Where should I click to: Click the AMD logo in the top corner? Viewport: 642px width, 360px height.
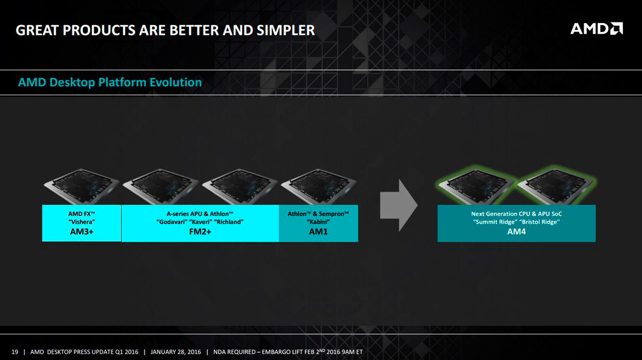point(597,28)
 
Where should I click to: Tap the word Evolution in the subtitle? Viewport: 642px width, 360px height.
point(175,82)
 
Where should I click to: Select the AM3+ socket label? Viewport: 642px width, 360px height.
point(82,232)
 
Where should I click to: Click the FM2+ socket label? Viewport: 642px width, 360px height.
point(200,232)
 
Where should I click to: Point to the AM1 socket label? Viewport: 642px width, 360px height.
point(318,232)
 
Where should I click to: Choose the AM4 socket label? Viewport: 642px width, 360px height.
point(516,232)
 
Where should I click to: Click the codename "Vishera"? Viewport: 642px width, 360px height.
point(82,222)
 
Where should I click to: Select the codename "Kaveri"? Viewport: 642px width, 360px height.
point(200,222)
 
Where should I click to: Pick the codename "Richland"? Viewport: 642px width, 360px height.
point(229,222)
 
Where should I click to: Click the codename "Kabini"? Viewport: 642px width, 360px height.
point(318,222)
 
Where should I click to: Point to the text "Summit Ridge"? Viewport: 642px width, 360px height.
point(494,222)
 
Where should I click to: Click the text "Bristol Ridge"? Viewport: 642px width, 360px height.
point(538,222)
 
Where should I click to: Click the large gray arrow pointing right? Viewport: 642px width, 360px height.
point(399,205)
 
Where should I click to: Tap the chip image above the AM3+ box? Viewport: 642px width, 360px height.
point(82,186)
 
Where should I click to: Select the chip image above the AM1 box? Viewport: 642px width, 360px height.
point(319,186)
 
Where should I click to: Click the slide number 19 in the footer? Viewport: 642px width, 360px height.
point(14,352)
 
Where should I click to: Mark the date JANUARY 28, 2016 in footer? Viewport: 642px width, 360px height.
point(175,352)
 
